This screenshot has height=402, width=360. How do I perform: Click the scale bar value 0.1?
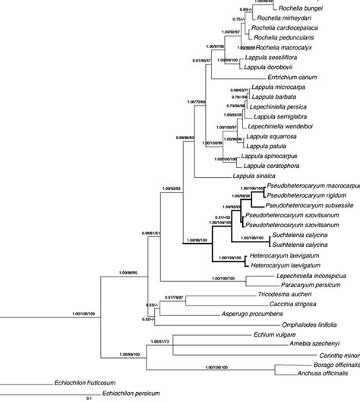pyautogui.click(x=89, y=398)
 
